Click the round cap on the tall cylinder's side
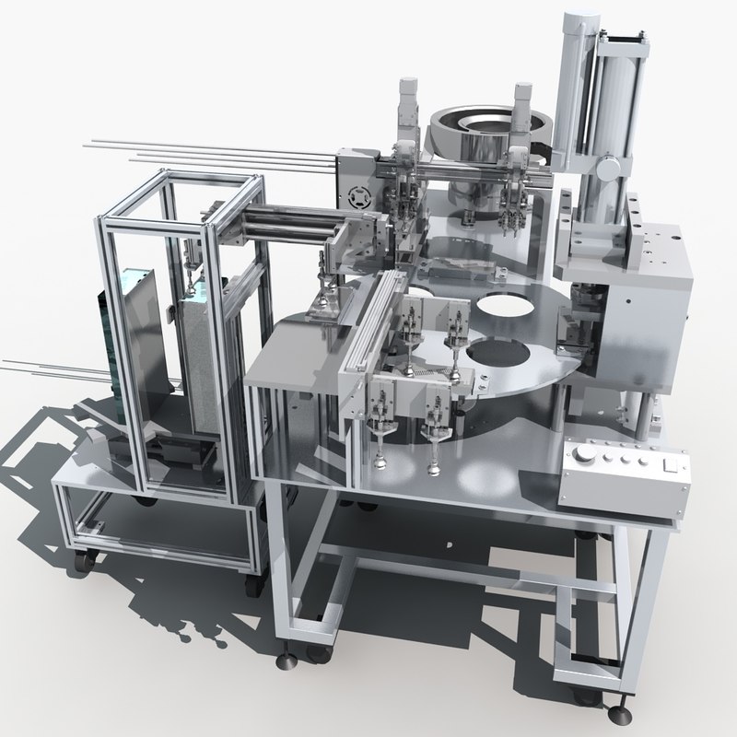coord(609,169)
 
